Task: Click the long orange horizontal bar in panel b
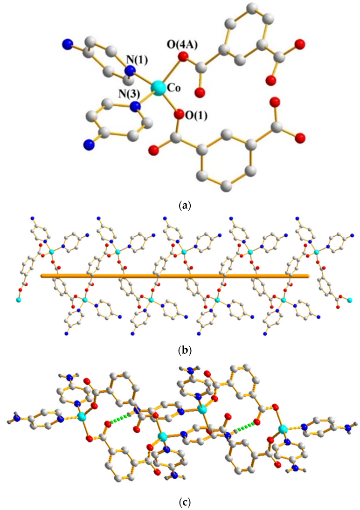tap(175, 276)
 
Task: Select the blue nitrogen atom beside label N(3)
tap(135, 107)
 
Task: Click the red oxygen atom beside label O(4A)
tap(183, 58)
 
